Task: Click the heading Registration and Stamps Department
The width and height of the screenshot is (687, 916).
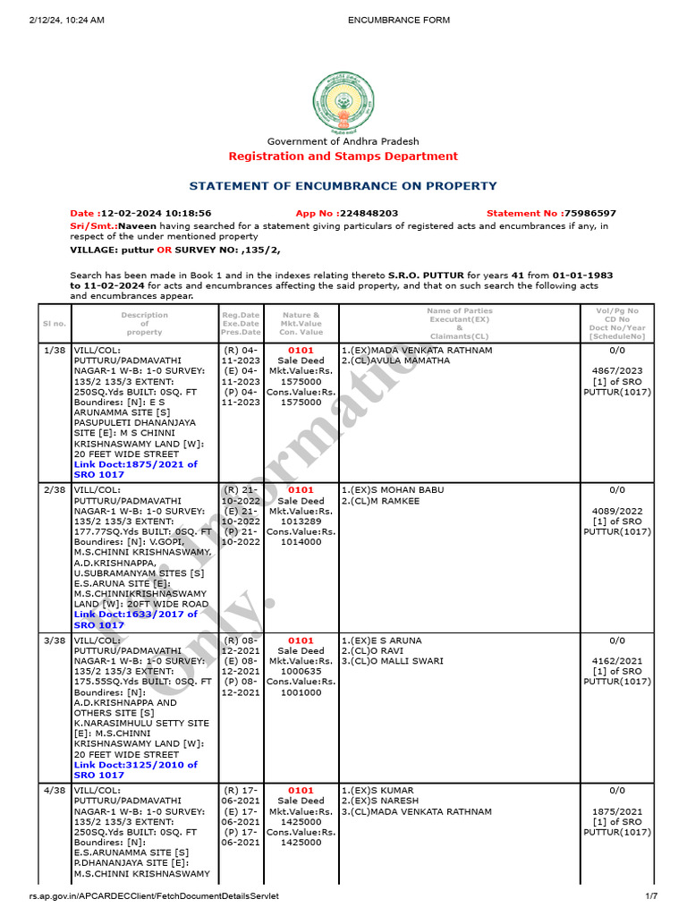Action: tap(343, 157)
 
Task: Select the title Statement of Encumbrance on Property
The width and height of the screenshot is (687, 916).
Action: tap(343, 186)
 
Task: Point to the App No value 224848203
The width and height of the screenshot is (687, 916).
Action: tap(368, 214)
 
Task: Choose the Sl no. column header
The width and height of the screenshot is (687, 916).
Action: tap(54, 324)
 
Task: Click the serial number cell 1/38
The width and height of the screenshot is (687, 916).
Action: tap(54, 351)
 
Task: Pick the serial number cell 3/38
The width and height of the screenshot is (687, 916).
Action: tap(54, 641)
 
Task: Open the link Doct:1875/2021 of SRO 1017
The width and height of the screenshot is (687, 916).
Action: tap(136, 470)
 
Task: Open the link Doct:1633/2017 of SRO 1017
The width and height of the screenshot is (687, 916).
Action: tap(136, 620)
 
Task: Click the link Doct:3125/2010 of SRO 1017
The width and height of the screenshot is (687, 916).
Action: tap(136, 770)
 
